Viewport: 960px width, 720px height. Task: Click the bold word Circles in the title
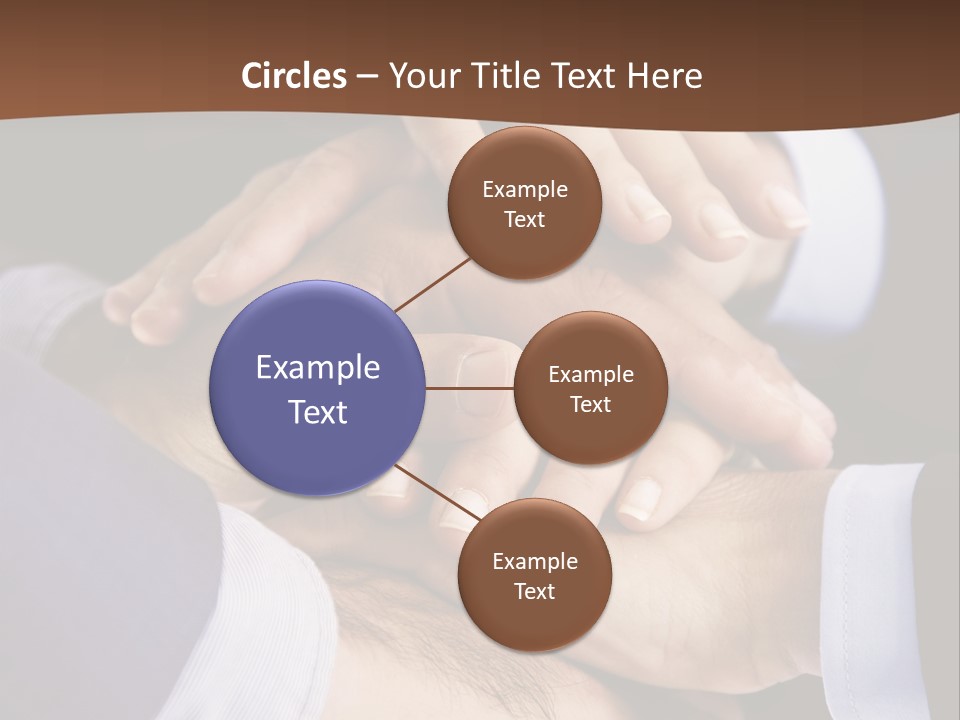pos(294,76)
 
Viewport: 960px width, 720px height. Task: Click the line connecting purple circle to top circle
pos(432,284)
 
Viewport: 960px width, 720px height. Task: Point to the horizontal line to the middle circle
pos(470,388)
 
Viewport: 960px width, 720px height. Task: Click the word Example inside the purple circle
pos(318,367)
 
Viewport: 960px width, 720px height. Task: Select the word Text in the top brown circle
pos(525,219)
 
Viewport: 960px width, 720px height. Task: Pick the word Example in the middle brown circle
pos(591,375)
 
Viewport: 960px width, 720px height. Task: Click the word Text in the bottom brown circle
pos(535,591)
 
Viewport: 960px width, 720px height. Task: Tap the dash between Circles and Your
pos(367,76)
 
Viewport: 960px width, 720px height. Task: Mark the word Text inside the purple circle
pos(318,412)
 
